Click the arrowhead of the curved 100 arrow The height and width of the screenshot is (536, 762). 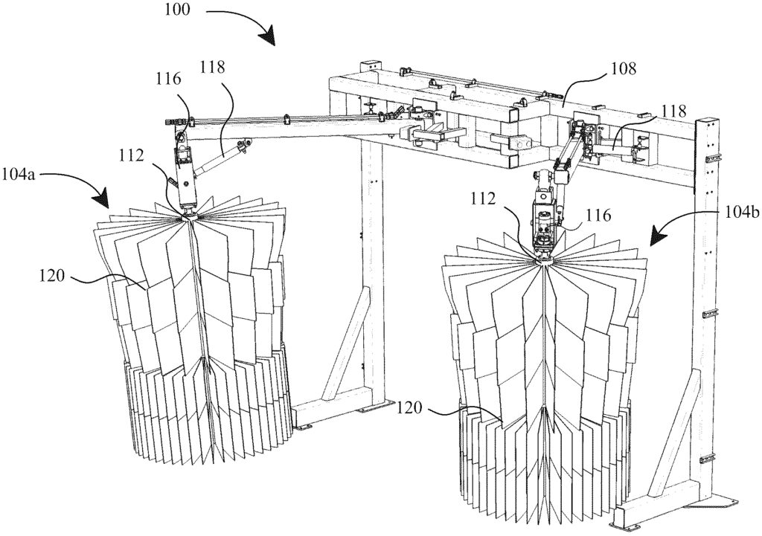269,40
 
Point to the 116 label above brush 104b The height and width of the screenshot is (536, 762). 597,215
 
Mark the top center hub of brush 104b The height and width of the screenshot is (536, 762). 544,256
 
